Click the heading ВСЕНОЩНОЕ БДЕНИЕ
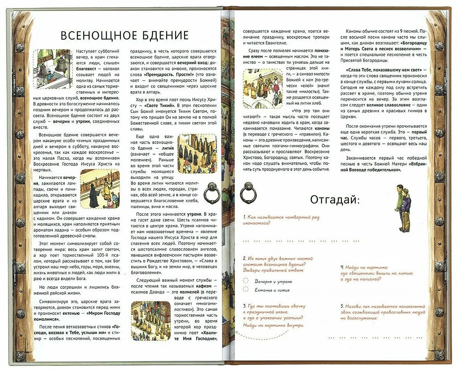124,35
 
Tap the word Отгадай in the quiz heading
335,199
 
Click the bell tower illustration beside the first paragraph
52,69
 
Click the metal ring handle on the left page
212,193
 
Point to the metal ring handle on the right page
248,193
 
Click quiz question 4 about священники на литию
377,273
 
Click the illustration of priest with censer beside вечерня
100,188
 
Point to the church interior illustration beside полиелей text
151,320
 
